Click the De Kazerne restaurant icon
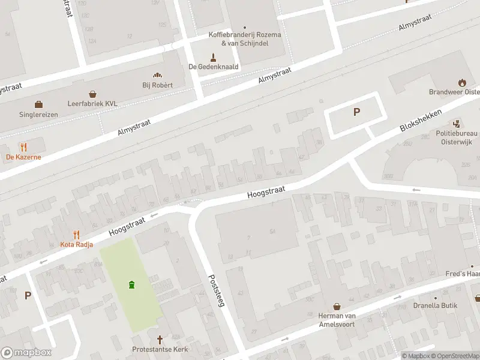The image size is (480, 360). point(23,146)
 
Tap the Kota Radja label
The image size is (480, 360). point(76,244)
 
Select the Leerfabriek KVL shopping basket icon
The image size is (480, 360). point(93,94)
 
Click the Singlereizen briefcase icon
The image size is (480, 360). point(39,104)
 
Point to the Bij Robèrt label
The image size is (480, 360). point(157,85)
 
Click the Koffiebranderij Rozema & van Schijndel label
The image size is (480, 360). point(245,39)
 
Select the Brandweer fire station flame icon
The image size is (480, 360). point(461,82)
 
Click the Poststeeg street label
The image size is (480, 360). point(216,291)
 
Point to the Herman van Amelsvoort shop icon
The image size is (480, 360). point(337,306)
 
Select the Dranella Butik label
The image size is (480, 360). point(435,305)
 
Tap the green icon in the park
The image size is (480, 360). point(131,284)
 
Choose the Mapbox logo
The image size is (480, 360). point(26,353)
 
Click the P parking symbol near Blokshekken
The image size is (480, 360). point(357,112)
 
